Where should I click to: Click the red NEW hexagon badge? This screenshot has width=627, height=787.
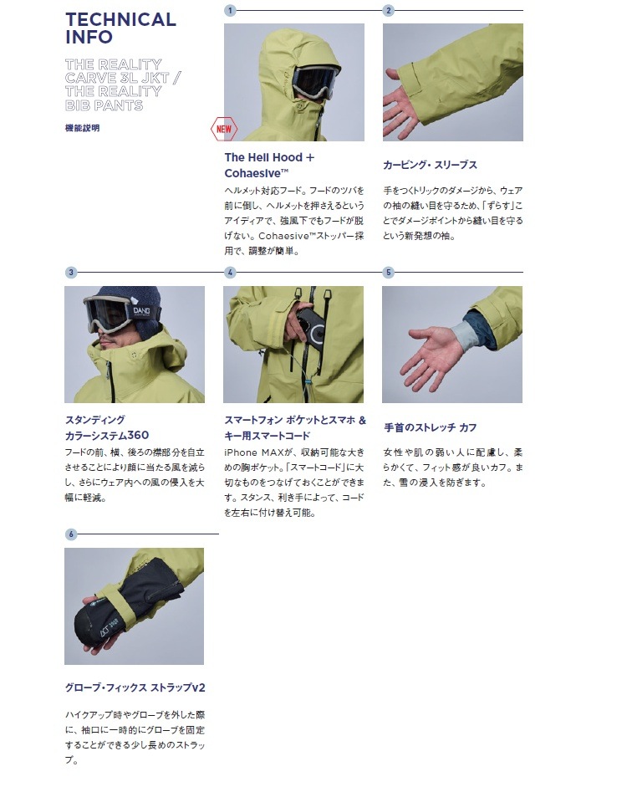coord(224,129)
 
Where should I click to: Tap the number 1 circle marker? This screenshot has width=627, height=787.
coord(230,10)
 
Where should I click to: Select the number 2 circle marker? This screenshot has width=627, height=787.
coord(388,10)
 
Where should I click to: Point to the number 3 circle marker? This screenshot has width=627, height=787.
coord(71,272)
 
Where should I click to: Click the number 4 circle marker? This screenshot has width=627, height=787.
coord(230,272)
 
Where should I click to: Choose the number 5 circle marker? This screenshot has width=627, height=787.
coord(388,272)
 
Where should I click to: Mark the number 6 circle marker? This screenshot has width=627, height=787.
coord(71,534)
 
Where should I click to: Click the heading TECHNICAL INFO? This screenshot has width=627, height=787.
coord(120,28)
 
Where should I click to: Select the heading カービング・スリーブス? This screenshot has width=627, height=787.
coord(430,165)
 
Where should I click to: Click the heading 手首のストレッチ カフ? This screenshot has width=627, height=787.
coord(430,427)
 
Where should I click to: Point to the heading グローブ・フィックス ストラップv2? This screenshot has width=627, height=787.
coord(135,687)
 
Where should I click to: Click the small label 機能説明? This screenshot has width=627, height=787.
coord(82,128)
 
